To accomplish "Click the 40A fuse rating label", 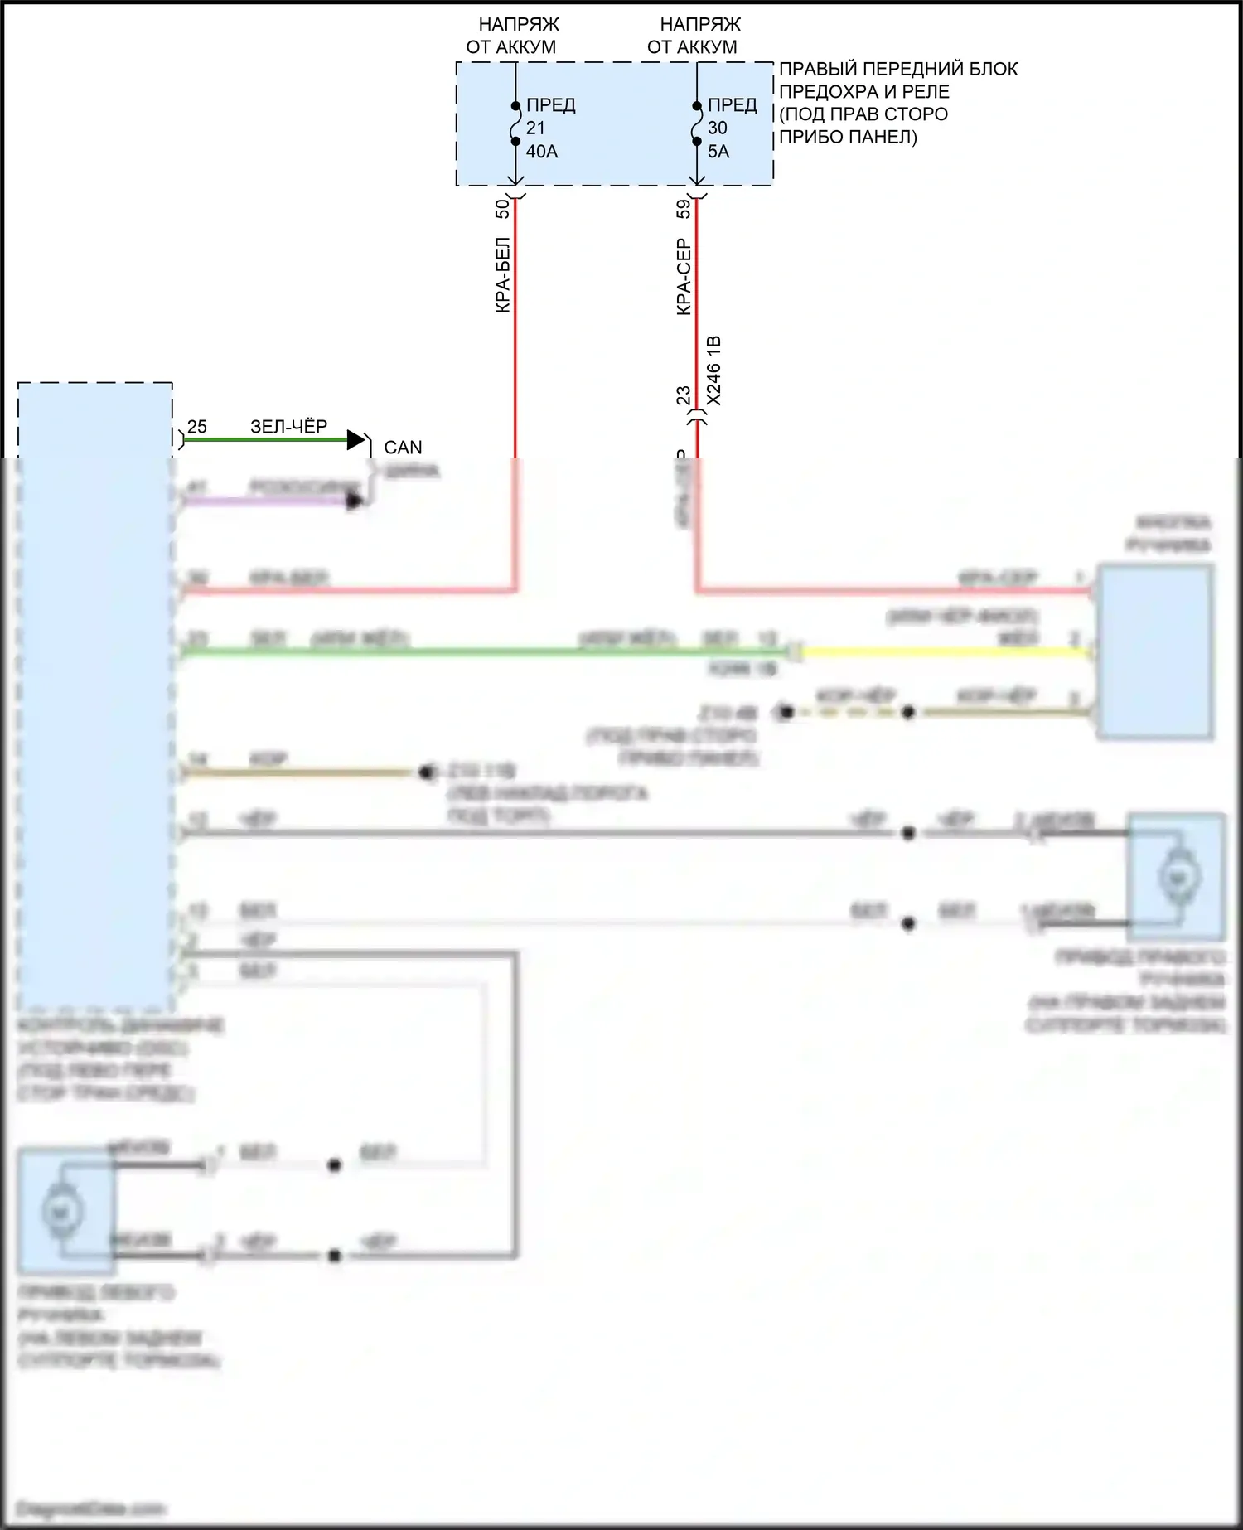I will pos(541,152).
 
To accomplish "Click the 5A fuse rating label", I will pos(718,152).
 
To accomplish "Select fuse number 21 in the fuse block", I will pos(535,128).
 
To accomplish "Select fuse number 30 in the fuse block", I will pos(717,128).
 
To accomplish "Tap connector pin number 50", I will pos(502,209).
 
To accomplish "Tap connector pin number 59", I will pos(684,209).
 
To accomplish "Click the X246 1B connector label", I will pos(714,370).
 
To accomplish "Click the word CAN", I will pos(403,448).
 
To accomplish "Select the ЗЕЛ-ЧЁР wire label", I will pos(288,427).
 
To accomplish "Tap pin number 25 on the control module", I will pos(197,427).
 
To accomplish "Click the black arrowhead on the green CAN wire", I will pos(356,440).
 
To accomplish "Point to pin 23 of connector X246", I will pos(684,396).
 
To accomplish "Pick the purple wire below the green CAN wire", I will pos(265,501).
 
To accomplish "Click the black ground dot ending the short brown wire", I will pos(427,772).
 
